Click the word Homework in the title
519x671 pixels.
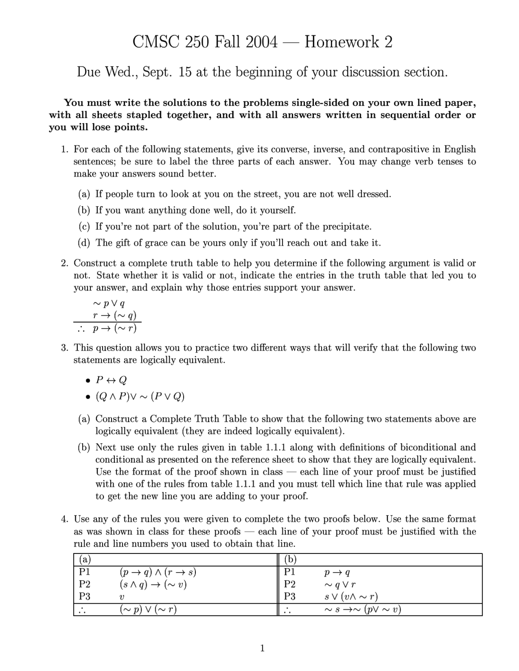point(342,42)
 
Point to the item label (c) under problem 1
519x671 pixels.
point(84,227)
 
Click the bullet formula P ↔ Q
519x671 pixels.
point(111,380)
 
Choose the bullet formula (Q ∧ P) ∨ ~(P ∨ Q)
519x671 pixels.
point(140,396)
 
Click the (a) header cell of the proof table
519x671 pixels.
point(85,560)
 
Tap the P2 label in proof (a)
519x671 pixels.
point(85,584)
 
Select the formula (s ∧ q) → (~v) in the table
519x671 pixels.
point(153,584)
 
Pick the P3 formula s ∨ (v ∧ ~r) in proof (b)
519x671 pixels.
point(351,596)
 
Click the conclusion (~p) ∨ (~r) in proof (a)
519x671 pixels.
point(148,609)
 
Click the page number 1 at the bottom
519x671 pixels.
point(262,648)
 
